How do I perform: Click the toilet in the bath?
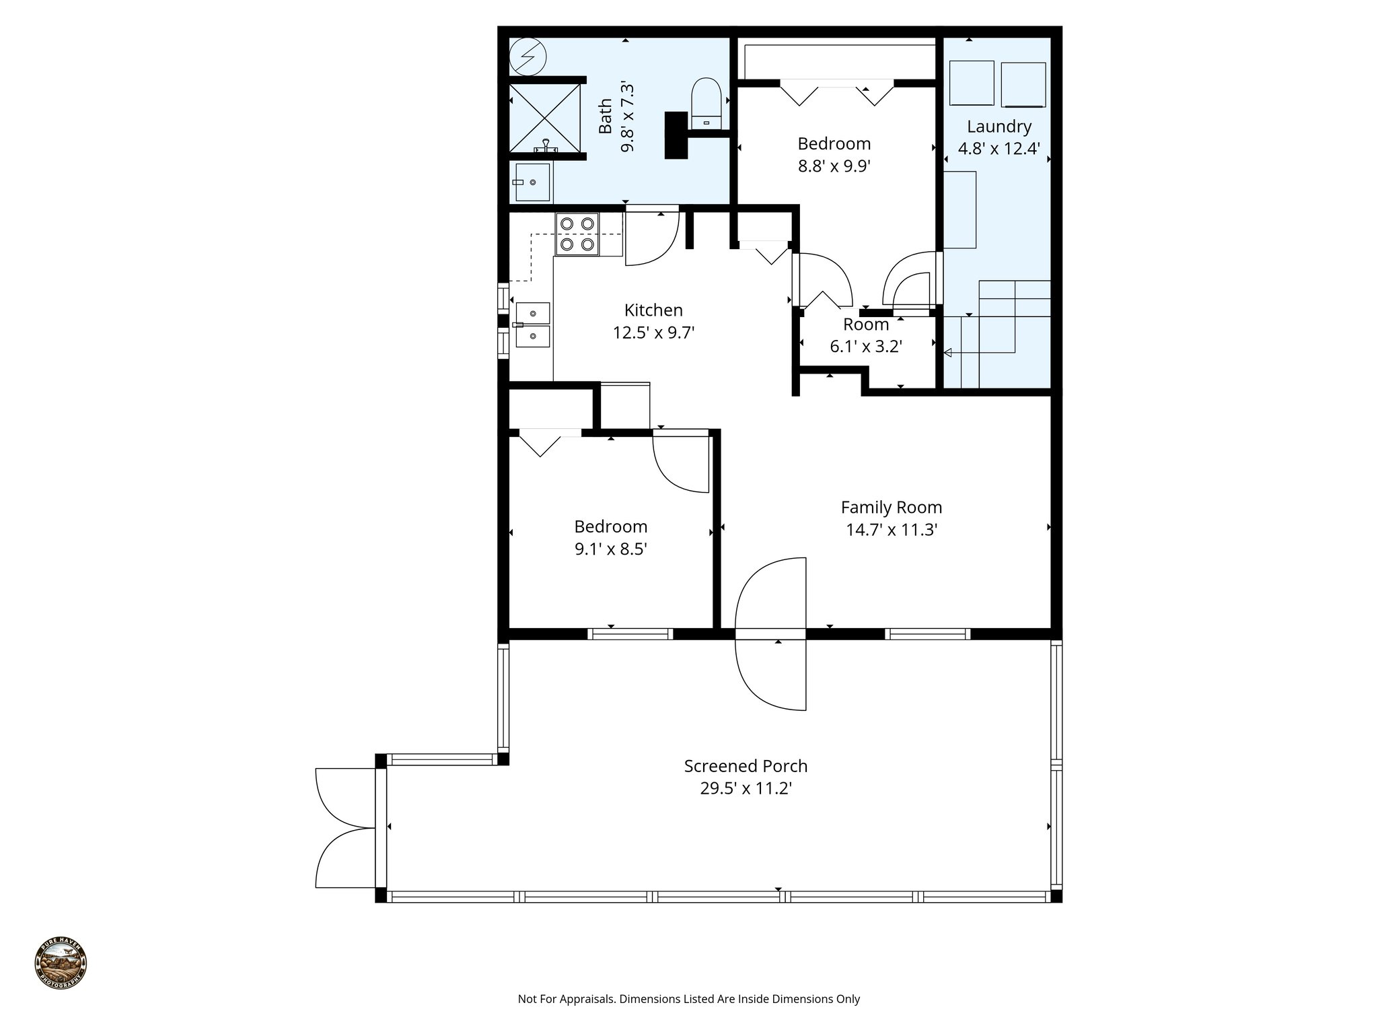pyautogui.click(x=706, y=103)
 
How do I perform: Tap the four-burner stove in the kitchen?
pyautogui.click(x=577, y=234)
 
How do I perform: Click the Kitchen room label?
pyautogui.click(x=653, y=310)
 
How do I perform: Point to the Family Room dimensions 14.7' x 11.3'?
pyautogui.click(x=892, y=530)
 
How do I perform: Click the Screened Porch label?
pyautogui.click(x=746, y=766)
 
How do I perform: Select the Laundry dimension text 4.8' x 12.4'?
pyautogui.click(x=999, y=149)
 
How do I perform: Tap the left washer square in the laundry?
pyautogui.click(x=972, y=83)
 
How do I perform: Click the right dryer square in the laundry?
pyautogui.click(x=1023, y=85)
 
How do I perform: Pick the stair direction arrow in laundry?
pyautogui.click(x=949, y=353)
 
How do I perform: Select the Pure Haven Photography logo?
pyautogui.click(x=61, y=964)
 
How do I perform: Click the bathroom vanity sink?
pyautogui.click(x=532, y=182)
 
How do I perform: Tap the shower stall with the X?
pyautogui.click(x=544, y=118)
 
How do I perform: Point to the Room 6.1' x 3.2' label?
pyautogui.click(x=866, y=335)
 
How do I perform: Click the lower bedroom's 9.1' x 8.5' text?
pyautogui.click(x=610, y=549)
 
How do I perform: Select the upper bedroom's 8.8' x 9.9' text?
pyautogui.click(x=834, y=166)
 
